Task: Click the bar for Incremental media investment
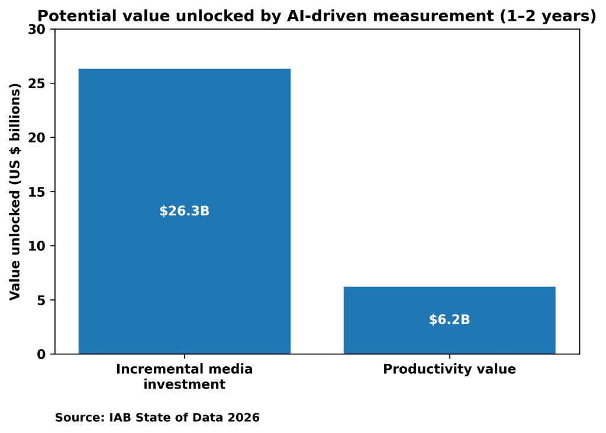tap(184, 148)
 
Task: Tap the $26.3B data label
tap(184, 211)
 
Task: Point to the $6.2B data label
tap(449, 320)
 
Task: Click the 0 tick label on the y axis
tap(41, 354)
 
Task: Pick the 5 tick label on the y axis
tap(41, 300)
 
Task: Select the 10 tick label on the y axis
tap(38, 246)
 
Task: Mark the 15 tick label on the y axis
tap(38, 192)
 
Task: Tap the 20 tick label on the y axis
tap(38, 138)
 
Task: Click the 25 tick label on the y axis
tap(38, 83)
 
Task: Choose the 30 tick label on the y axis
tap(38, 30)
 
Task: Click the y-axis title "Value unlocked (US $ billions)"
tap(15, 191)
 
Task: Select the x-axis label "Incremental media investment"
tap(184, 377)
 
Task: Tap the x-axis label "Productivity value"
tap(449, 370)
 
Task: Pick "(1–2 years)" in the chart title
tap(547, 16)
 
